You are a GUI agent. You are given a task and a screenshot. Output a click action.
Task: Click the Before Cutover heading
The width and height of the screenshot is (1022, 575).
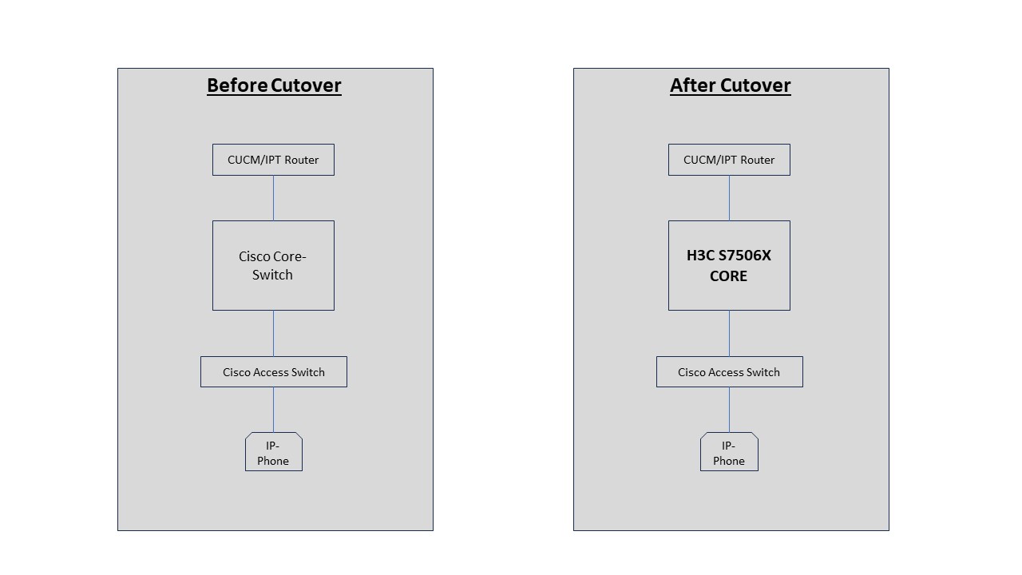click(274, 85)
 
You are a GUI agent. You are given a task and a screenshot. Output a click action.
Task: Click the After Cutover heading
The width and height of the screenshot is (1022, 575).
click(731, 85)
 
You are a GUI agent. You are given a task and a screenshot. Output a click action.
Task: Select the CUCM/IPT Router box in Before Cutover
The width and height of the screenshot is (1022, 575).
click(273, 160)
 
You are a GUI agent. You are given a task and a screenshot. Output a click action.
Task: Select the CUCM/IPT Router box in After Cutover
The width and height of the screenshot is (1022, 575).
click(729, 160)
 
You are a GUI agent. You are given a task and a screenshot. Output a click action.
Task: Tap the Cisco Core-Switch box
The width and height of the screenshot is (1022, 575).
click(273, 266)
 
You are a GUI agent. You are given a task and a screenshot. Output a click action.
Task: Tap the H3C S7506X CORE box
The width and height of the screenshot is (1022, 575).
click(729, 266)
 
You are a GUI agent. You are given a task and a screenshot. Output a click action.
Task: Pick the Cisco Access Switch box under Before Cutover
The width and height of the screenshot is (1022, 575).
click(274, 372)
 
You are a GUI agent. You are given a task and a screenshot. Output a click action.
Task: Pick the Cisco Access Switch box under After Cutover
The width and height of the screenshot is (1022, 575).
click(730, 372)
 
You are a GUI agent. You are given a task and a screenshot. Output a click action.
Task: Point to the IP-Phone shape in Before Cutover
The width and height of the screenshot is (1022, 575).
click(274, 452)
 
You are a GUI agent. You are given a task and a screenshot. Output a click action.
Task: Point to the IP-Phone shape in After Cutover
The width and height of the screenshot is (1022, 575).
click(729, 452)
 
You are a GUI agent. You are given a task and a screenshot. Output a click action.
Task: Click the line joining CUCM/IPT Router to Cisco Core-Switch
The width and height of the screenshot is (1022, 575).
click(273, 198)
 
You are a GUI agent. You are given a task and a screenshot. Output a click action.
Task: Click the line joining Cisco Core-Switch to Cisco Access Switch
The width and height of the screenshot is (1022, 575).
click(273, 334)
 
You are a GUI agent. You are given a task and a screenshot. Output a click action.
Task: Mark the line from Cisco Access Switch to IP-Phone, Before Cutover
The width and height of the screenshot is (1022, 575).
click(273, 410)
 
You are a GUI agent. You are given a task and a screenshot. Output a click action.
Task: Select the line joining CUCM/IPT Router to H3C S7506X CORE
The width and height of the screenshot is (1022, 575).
click(729, 198)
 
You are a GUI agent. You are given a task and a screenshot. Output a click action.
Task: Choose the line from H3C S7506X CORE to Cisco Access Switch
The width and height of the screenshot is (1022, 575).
click(729, 334)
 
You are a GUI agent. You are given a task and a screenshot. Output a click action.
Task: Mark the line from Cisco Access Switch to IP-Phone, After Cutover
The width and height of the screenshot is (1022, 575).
click(729, 410)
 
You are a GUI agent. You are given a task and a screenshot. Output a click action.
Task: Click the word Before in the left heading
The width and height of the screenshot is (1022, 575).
click(237, 85)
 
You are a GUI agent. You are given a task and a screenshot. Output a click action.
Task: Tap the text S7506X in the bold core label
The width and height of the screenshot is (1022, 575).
click(745, 255)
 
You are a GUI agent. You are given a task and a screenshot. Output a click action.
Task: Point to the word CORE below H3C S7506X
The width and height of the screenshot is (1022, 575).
click(729, 276)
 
